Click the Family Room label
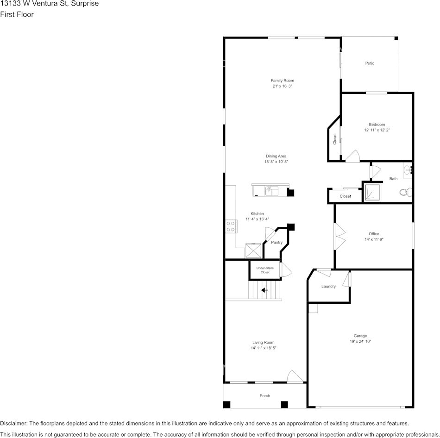point(282,81)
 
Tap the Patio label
point(369,63)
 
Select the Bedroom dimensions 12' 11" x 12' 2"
point(377,131)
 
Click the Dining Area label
point(276,156)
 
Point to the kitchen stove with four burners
point(231,226)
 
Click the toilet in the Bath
point(406,192)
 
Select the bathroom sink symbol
point(408,170)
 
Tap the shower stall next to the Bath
point(371,193)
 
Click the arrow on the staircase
point(264,290)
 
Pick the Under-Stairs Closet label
point(264,270)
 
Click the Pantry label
point(277,243)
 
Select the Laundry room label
point(328,287)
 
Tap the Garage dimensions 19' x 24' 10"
point(360,342)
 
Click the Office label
point(374,234)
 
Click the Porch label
point(264,396)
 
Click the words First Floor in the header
point(17,14)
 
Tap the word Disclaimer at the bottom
point(13,424)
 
